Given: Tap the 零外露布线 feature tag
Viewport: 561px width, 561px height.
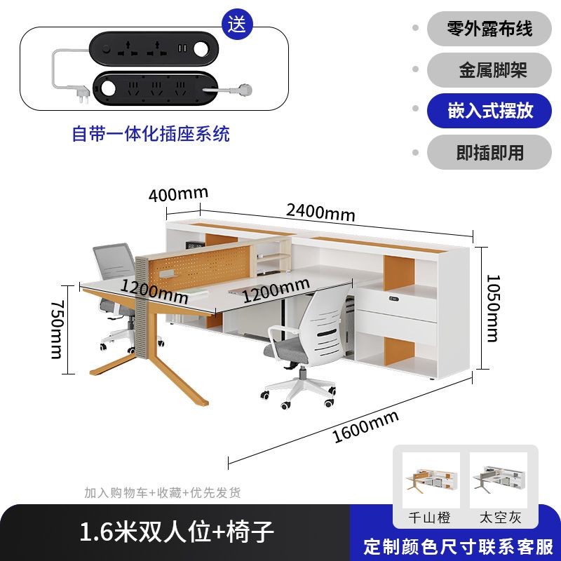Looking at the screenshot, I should pyautogui.click(x=489, y=29).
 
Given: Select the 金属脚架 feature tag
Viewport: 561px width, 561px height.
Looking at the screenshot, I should pyautogui.click(x=489, y=70).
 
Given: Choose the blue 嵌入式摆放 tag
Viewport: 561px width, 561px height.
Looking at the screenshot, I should pyautogui.click(x=489, y=111).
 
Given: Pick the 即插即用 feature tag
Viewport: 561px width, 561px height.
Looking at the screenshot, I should pyautogui.click(x=489, y=152).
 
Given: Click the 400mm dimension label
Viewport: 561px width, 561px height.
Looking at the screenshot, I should pyautogui.click(x=178, y=194).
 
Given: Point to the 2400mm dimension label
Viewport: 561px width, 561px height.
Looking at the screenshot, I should pyautogui.click(x=320, y=211).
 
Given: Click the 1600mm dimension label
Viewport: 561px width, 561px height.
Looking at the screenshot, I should pyautogui.click(x=365, y=427).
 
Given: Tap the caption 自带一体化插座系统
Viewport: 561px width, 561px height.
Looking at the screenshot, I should pyautogui.click(x=151, y=133).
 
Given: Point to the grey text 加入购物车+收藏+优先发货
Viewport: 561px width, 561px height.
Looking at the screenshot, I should pyautogui.click(x=162, y=493).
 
